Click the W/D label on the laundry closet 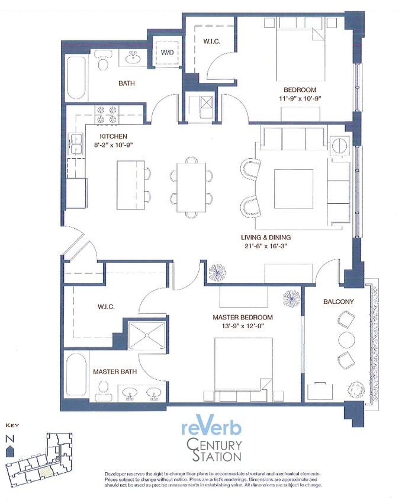[x=166, y=53]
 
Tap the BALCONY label [x=338, y=302]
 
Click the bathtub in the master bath [x=76, y=377]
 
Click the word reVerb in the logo [x=211, y=428]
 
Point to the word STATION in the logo [x=215, y=456]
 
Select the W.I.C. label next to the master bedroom [x=105, y=307]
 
